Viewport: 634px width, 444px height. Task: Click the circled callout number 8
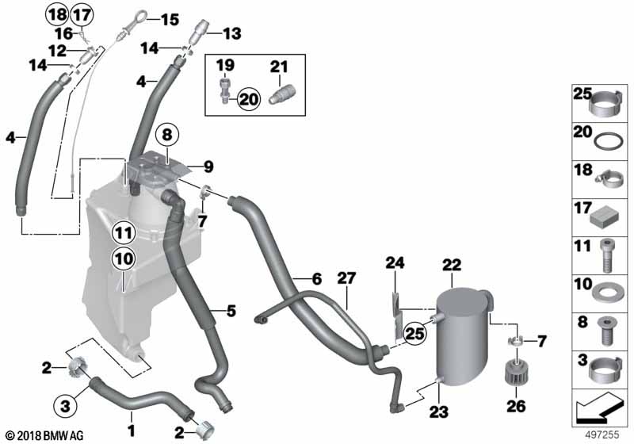point(167,134)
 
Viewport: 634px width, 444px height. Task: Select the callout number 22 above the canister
point(451,265)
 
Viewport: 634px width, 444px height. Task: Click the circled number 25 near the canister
point(415,333)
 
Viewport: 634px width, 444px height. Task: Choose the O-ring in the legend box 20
point(608,143)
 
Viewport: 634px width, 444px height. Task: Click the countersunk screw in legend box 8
point(605,331)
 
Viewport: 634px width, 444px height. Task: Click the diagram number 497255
point(602,434)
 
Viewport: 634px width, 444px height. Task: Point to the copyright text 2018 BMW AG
point(44,436)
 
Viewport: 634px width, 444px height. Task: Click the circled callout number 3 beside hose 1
point(65,406)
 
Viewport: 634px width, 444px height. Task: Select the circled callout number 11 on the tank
point(124,233)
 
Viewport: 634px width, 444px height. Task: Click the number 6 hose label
point(316,278)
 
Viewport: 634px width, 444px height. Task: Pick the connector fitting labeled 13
point(199,33)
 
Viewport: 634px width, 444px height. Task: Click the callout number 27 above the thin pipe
point(346,277)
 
